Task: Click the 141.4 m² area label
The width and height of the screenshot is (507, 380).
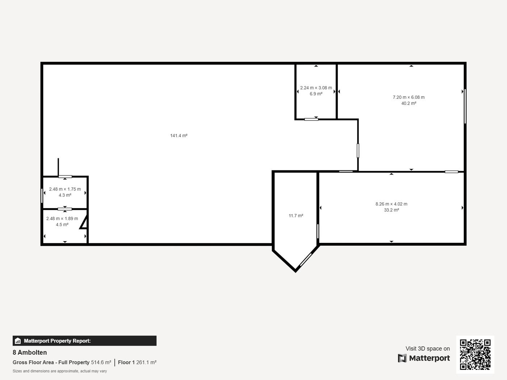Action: tap(179, 136)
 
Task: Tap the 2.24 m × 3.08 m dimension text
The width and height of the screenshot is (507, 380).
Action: tap(316, 88)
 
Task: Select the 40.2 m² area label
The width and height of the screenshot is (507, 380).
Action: tap(408, 104)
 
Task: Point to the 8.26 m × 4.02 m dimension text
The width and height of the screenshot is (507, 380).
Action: tap(391, 204)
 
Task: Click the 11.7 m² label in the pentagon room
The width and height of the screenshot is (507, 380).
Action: tap(296, 216)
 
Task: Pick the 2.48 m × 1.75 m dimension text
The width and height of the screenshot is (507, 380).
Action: tap(65, 189)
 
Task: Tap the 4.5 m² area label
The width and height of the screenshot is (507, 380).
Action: tap(62, 225)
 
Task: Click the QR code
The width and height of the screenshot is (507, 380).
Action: tap(475, 354)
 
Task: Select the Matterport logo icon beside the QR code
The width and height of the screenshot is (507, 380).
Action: tap(402, 358)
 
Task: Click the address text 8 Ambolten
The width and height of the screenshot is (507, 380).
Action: tap(30, 352)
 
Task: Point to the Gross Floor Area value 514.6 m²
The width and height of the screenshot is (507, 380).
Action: tap(101, 363)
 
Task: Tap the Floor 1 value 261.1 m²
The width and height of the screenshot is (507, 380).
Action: tap(146, 363)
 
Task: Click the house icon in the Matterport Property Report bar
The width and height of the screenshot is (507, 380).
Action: tap(17, 341)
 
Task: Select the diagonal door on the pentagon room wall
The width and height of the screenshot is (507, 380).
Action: tap(306, 260)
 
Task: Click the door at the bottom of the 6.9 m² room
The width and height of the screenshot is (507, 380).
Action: tap(311, 119)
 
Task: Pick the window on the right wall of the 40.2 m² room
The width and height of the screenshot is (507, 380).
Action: tap(465, 106)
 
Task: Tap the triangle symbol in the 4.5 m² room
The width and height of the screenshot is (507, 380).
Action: tap(84, 222)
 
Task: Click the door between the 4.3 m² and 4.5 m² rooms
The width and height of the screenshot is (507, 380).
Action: tap(65, 209)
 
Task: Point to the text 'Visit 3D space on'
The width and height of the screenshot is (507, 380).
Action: tap(428, 349)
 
